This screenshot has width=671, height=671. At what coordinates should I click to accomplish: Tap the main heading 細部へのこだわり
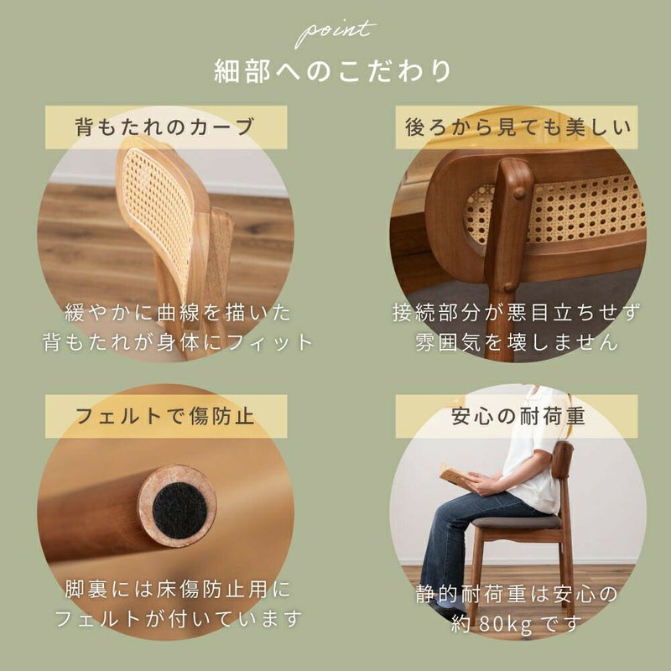coord(332,71)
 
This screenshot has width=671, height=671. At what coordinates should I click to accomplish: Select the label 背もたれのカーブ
coord(165,127)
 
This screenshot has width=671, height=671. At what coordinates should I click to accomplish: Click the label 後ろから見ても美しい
coord(518,127)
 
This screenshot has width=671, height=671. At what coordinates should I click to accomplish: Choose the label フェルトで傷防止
coord(165,416)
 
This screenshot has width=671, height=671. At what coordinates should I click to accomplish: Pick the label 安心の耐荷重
coord(518,416)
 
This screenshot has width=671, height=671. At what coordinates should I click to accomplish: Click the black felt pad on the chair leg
coord(179,510)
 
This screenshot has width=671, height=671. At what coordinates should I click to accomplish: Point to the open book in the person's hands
coord(454,473)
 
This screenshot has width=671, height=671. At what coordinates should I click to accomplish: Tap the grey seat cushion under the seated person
coord(516,521)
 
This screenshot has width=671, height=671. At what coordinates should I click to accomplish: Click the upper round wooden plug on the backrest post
coord(519,194)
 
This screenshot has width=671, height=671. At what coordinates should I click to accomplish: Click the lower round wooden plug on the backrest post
coord(508,287)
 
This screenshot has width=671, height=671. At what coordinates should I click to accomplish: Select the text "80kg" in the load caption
coord(505,624)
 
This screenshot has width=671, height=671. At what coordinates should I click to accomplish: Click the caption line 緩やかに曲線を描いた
coord(178,313)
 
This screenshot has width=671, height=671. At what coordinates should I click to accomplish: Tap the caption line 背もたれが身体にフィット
coord(178,342)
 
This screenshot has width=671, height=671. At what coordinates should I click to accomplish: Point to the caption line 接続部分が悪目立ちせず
coord(517,313)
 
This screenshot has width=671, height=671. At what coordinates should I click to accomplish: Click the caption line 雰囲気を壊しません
coord(517,342)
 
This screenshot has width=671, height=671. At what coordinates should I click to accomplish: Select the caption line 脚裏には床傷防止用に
coord(178,590)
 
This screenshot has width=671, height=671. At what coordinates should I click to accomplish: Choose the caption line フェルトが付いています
coord(178,619)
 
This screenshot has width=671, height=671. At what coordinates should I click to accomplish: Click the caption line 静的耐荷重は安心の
coord(517,594)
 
